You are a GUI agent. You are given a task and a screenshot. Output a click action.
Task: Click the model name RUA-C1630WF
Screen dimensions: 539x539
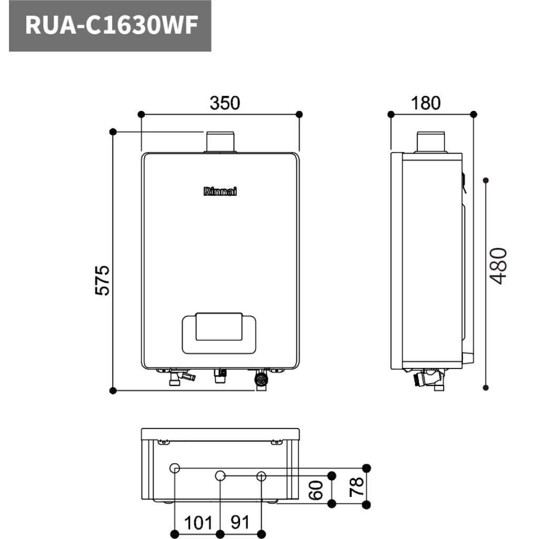point(112,25)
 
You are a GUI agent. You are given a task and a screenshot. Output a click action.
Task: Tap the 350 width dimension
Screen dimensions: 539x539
point(225,103)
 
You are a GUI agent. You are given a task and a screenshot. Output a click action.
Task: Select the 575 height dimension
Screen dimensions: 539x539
point(102,280)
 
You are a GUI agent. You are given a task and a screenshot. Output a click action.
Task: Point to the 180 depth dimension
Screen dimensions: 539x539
point(426,103)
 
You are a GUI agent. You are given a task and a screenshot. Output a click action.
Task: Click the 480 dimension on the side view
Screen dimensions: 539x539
point(498,266)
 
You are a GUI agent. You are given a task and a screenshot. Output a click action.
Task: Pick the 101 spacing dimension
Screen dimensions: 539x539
point(198,523)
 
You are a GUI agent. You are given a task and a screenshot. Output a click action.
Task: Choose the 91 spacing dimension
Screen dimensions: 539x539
point(239,522)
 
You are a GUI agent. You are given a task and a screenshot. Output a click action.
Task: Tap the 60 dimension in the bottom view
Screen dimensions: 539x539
point(316,490)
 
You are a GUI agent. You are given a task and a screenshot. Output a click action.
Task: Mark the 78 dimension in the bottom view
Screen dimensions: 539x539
point(356,486)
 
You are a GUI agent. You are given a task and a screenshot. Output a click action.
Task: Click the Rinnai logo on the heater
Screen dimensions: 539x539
point(220,192)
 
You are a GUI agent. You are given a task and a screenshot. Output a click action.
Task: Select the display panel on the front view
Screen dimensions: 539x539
point(219,333)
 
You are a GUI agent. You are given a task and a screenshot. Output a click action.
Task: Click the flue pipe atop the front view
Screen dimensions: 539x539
point(220,142)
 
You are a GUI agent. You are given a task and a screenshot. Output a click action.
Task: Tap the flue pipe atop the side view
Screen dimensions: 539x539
point(431,142)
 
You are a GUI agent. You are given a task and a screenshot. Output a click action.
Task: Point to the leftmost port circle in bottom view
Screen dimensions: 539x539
point(175,468)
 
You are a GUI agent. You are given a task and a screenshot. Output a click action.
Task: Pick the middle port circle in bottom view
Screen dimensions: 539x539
point(220,476)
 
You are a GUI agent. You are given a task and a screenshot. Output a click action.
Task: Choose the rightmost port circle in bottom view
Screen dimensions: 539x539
point(261,476)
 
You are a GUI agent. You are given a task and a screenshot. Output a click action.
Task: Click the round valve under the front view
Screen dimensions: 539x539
point(261,380)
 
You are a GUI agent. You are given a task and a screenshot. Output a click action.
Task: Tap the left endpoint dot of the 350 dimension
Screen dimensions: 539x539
point(141,114)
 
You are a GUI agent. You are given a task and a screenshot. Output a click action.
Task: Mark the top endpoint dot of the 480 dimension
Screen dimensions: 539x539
point(486,180)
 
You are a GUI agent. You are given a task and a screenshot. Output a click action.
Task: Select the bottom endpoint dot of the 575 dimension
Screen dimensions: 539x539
point(113,391)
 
